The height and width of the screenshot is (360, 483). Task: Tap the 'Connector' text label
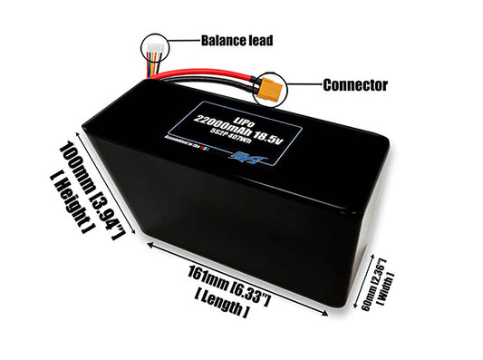tap(356, 86)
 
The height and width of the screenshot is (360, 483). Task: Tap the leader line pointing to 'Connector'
tap(304, 86)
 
